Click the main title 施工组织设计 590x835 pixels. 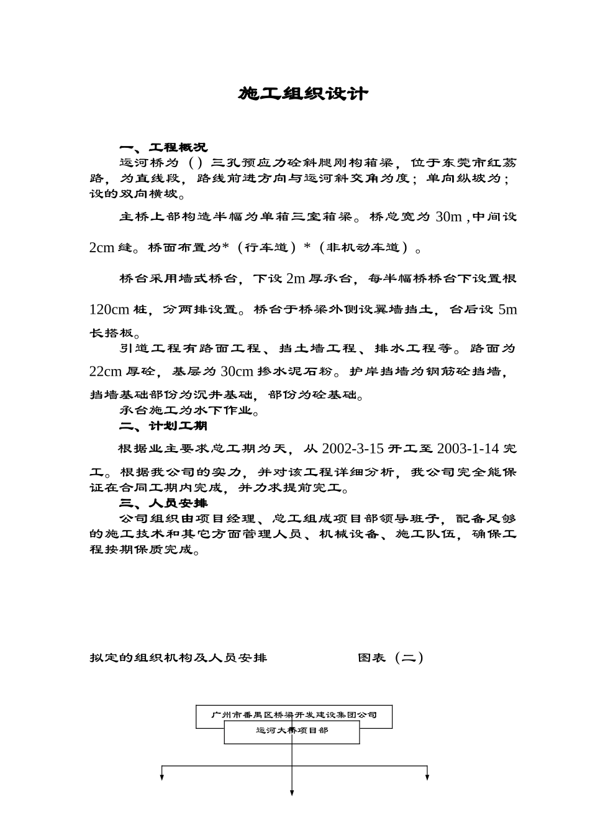[x=303, y=94]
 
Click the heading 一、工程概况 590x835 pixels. [x=163, y=148]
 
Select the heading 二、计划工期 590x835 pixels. [x=163, y=426]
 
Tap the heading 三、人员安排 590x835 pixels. [x=163, y=503]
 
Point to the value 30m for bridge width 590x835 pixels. [x=449, y=217]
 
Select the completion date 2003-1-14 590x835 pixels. [x=468, y=449]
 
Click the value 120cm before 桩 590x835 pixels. [x=109, y=309]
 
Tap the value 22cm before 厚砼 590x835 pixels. [x=106, y=372]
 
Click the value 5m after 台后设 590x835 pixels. [x=507, y=309]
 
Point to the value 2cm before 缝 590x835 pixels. [x=102, y=248]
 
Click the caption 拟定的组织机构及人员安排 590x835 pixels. [x=178, y=657]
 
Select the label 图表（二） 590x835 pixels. [x=391, y=657]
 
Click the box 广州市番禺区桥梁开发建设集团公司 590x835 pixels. [x=294, y=715]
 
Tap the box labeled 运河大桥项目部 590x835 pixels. [x=292, y=732]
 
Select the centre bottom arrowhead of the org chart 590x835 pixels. [x=292, y=793]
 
